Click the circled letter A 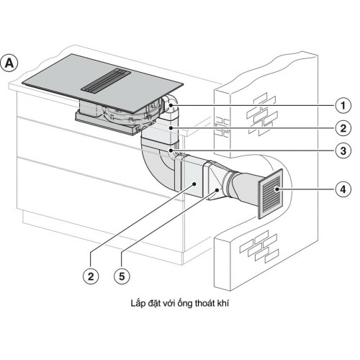9,63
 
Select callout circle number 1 343,106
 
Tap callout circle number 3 343,151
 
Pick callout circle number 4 343,189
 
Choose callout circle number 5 122,276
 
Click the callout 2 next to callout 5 91,276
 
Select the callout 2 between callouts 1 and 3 343,128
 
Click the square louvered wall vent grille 271,194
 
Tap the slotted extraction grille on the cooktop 106,80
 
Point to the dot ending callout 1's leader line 171,105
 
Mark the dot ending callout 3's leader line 171,150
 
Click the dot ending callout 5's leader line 217,189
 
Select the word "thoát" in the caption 204,303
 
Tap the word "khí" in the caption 222,303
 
